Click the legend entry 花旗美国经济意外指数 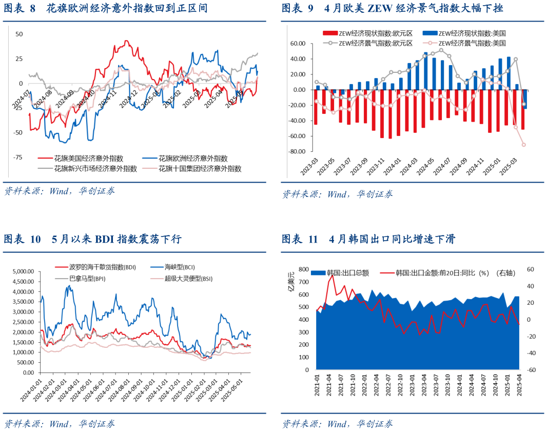88,159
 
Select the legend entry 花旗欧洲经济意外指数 192,159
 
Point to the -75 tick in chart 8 17,158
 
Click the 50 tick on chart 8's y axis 19,34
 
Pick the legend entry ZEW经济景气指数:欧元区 376,43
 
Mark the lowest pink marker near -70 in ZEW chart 524,145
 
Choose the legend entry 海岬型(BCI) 180,267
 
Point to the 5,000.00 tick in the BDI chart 23,271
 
